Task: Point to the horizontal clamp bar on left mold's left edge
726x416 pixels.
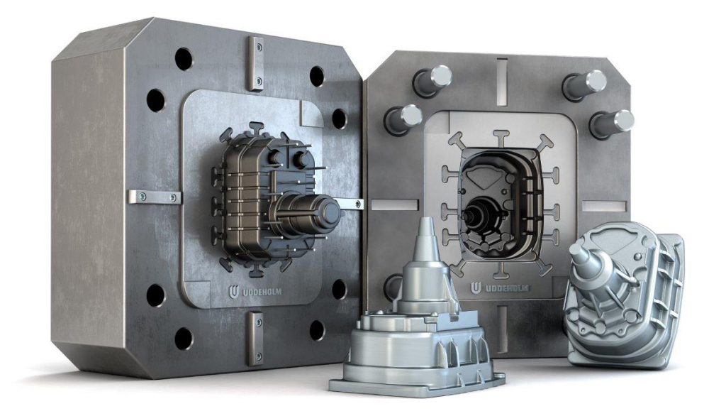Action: pyautogui.click(x=154, y=197)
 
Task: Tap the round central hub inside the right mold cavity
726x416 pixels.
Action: pyautogui.click(x=473, y=209)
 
